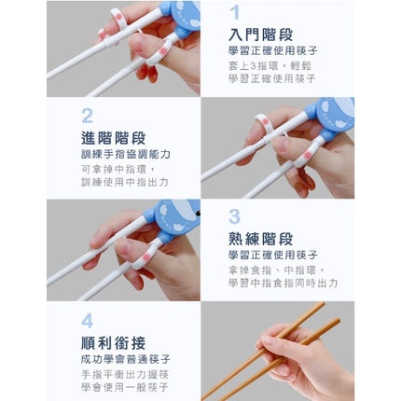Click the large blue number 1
coord(235,12)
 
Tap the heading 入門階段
coord(261,35)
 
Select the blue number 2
coord(88,116)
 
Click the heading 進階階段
coord(114,138)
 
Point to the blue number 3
coord(235,216)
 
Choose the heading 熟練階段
coord(261,239)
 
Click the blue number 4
coord(88,322)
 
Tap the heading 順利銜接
coord(114,343)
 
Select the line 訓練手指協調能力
coord(126,154)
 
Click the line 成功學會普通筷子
coord(126,360)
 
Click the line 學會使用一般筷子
coord(125,387)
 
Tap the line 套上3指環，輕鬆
coord(270,66)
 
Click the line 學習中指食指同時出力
coord(283,283)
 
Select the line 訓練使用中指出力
coord(125,182)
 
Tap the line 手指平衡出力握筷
coord(125,374)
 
